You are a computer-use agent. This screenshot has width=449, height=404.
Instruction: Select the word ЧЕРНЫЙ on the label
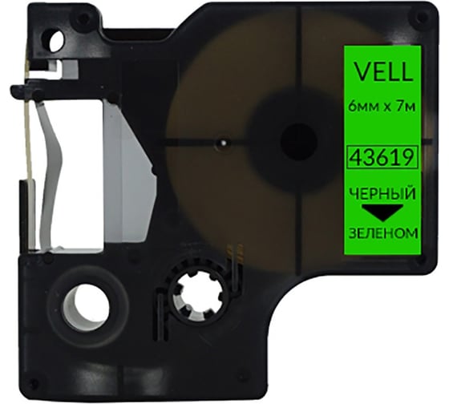(380, 194)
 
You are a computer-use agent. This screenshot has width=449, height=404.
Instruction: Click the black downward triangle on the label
(380, 212)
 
